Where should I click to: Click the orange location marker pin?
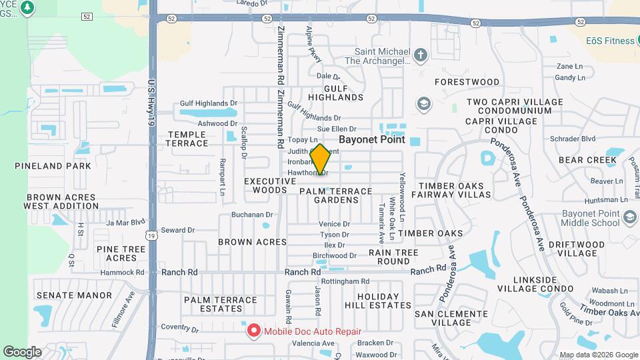[x=320, y=159]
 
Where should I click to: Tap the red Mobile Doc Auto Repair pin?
[x=253, y=331]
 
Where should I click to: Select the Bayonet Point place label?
[x=372, y=140]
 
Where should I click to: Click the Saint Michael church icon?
[x=420, y=55]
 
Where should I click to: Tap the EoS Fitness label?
[x=610, y=41]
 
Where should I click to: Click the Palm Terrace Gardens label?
[x=335, y=195]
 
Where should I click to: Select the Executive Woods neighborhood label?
[x=269, y=185]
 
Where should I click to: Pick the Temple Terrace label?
[x=187, y=139]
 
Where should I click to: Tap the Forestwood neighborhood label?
[x=467, y=82]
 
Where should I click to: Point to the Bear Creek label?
[x=587, y=160]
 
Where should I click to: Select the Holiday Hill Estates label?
[x=383, y=300]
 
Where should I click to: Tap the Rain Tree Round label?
[x=393, y=257]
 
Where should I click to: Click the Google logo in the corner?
[x=22, y=351]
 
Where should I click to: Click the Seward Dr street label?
[x=177, y=230]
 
